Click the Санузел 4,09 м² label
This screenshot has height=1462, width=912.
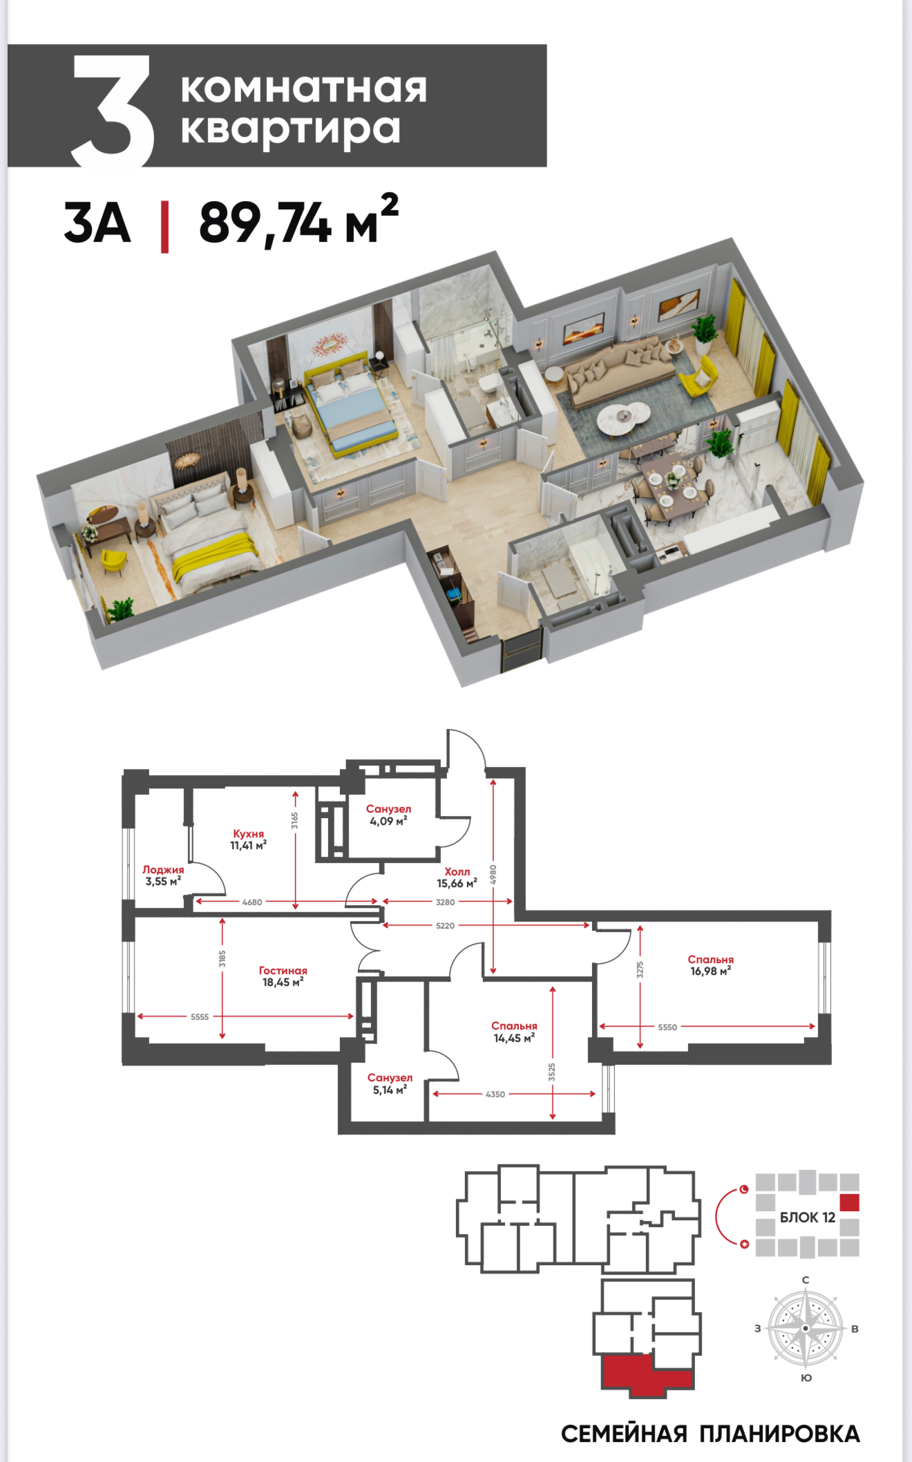pyautogui.click(x=388, y=815)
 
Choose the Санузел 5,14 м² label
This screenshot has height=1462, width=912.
pyautogui.click(x=390, y=1083)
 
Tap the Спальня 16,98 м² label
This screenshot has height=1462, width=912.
pyautogui.click(x=710, y=965)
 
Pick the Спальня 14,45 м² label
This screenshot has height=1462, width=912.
pyautogui.click(x=514, y=1032)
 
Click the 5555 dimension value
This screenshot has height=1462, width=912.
pyautogui.click(x=200, y=1016)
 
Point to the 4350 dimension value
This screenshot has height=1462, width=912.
pyautogui.click(x=495, y=1094)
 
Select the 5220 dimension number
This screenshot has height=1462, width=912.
pyautogui.click(x=446, y=925)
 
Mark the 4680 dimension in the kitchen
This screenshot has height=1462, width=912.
pyautogui.click(x=252, y=902)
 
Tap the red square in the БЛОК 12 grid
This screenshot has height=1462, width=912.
pyautogui.click(x=849, y=1202)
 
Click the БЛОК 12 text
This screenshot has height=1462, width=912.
pyautogui.click(x=808, y=1217)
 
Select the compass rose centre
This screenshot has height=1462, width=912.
pyautogui.click(x=806, y=1329)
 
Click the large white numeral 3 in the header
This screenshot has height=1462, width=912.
pyautogui.click(x=113, y=111)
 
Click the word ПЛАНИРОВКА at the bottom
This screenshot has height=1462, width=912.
pyautogui.click(x=779, y=1434)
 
